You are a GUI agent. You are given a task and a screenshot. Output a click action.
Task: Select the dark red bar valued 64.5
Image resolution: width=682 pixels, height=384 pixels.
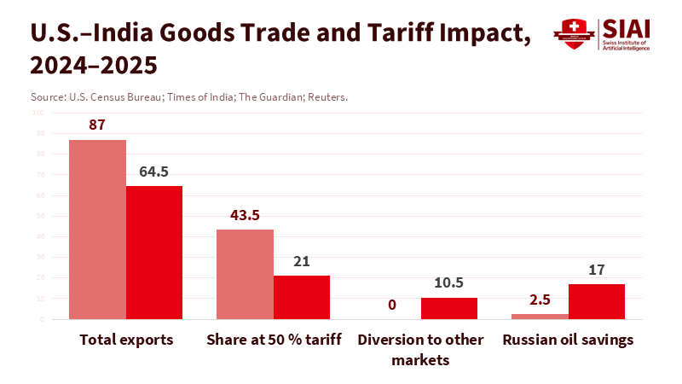(154, 253)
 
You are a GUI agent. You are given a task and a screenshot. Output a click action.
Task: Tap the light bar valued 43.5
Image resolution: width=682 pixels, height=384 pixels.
(245, 274)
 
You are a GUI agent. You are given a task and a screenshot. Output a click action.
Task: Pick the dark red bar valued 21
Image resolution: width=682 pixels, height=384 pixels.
(302, 297)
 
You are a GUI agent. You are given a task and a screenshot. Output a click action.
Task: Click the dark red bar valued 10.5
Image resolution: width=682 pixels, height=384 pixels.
(449, 308)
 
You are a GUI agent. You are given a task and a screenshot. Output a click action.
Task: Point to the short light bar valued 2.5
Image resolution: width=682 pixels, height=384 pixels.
(540, 317)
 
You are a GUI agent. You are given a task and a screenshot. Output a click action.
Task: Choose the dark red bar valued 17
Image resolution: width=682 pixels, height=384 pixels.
(597, 301)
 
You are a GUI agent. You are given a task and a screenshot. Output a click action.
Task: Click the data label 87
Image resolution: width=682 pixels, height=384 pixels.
(97, 125)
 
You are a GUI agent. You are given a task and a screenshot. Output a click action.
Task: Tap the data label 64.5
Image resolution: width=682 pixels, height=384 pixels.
(154, 172)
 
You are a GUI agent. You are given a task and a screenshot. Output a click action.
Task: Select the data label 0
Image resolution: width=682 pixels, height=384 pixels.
(392, 305)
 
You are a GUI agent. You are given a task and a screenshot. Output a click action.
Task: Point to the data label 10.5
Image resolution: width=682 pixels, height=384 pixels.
(449, 283)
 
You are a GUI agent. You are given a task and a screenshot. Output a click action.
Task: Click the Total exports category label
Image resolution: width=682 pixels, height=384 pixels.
(126, 340)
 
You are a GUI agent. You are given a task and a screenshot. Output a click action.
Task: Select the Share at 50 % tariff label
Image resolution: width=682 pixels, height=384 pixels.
(274, 340)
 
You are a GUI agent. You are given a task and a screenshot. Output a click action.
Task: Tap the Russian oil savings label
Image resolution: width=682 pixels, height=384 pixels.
(568, 340)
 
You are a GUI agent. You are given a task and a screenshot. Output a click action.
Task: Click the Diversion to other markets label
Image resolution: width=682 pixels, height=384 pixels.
(420, 350)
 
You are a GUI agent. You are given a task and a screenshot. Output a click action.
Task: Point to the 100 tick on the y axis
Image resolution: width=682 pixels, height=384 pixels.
(38, 113)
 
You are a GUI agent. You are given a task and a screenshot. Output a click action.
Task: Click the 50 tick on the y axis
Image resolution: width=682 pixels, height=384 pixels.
(40, 216)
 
